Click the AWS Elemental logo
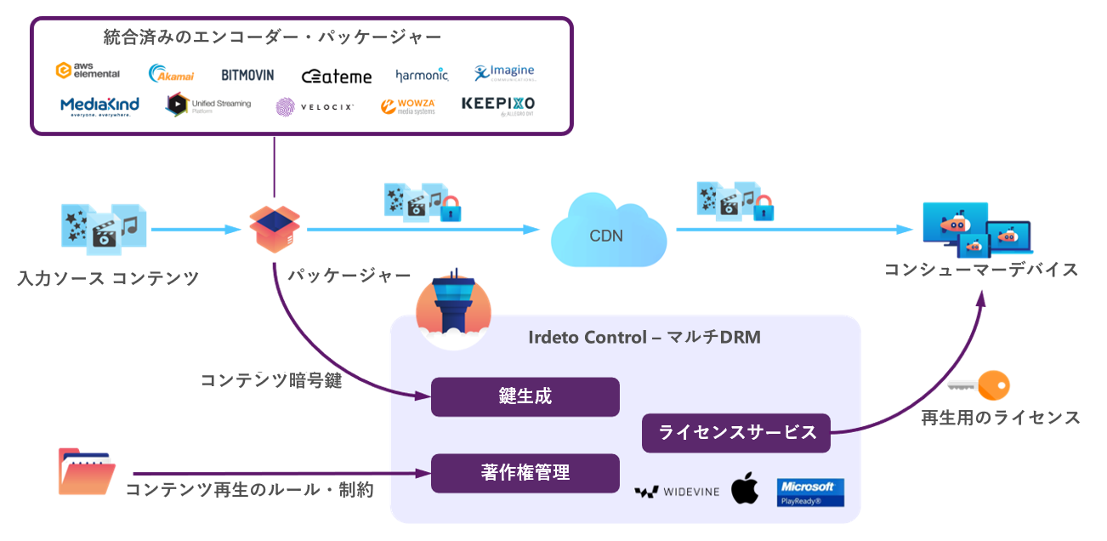[x=88, y=71]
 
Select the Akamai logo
[x=171, y=74]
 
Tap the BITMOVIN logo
[x=247, y=75]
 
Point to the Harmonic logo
[x=422, y=76]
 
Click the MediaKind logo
[x=99, y=106]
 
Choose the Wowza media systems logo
[x=407, y=106]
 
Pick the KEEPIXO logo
[x=498, y=105]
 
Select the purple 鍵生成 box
[x=525, y=396]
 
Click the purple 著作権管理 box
[x=525, y=473]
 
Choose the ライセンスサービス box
[x=735, y=432]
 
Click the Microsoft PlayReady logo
[x=810, y=493]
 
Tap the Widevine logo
[x=677, y=492]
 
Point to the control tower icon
[x=452, y=311]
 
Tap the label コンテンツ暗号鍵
[x=271, y=380]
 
